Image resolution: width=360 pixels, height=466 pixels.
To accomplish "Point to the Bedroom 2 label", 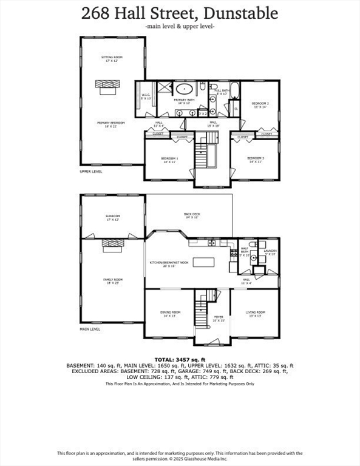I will [260, 105].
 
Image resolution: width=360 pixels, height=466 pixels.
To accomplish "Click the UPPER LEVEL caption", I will [92, 172].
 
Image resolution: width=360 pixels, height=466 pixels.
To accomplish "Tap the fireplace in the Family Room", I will [112, 243].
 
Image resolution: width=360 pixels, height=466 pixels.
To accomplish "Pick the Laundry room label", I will [270, 252].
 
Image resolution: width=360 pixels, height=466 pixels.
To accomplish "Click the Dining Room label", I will [171, 314].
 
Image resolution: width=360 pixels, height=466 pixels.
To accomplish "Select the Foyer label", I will [217, 318].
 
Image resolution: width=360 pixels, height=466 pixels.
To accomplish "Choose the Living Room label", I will [256, 314].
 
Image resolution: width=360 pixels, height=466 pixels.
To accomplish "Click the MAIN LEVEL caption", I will [90, 329].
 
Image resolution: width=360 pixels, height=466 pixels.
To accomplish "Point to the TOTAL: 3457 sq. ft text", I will [180, 359].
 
